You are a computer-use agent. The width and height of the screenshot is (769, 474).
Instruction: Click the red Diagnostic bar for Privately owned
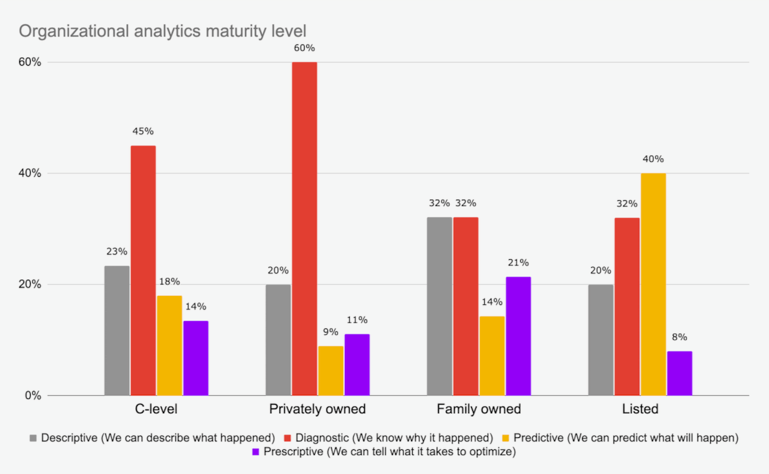(304, 229)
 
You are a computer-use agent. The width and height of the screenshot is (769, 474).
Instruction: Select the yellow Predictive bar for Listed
(653, 284)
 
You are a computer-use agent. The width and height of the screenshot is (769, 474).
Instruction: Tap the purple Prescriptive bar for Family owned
(518, 336)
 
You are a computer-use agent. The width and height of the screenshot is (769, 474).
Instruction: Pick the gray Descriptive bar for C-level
(117, 330)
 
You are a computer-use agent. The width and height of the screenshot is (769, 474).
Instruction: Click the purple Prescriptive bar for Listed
(679, 373)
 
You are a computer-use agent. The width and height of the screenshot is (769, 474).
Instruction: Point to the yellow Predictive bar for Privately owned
(330, 371)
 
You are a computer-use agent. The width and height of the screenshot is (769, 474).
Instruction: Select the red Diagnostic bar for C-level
(143, 270)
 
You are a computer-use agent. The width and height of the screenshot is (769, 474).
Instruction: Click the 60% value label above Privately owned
(304, 48)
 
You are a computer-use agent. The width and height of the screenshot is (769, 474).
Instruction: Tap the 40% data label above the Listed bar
(653, 159)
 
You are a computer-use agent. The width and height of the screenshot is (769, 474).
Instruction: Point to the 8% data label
(679, 337)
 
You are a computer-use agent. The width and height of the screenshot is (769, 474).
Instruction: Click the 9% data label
(330, 332)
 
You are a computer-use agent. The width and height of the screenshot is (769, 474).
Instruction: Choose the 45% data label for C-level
(143, 132)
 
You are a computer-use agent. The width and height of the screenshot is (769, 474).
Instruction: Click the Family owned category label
(479, 410)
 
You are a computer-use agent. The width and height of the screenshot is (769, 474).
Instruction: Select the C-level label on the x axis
(156, 410)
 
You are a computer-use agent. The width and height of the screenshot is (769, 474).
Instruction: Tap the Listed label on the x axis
(640, 410)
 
